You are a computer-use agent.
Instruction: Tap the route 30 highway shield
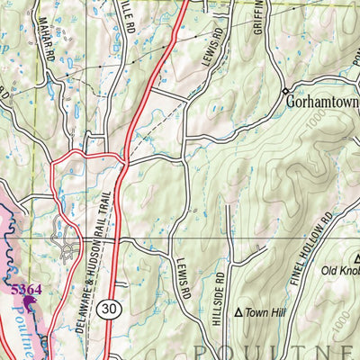tap(109, 307)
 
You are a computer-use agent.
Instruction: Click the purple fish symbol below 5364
tap(30, 302)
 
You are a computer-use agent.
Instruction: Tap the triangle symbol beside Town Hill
tap(238, 312)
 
